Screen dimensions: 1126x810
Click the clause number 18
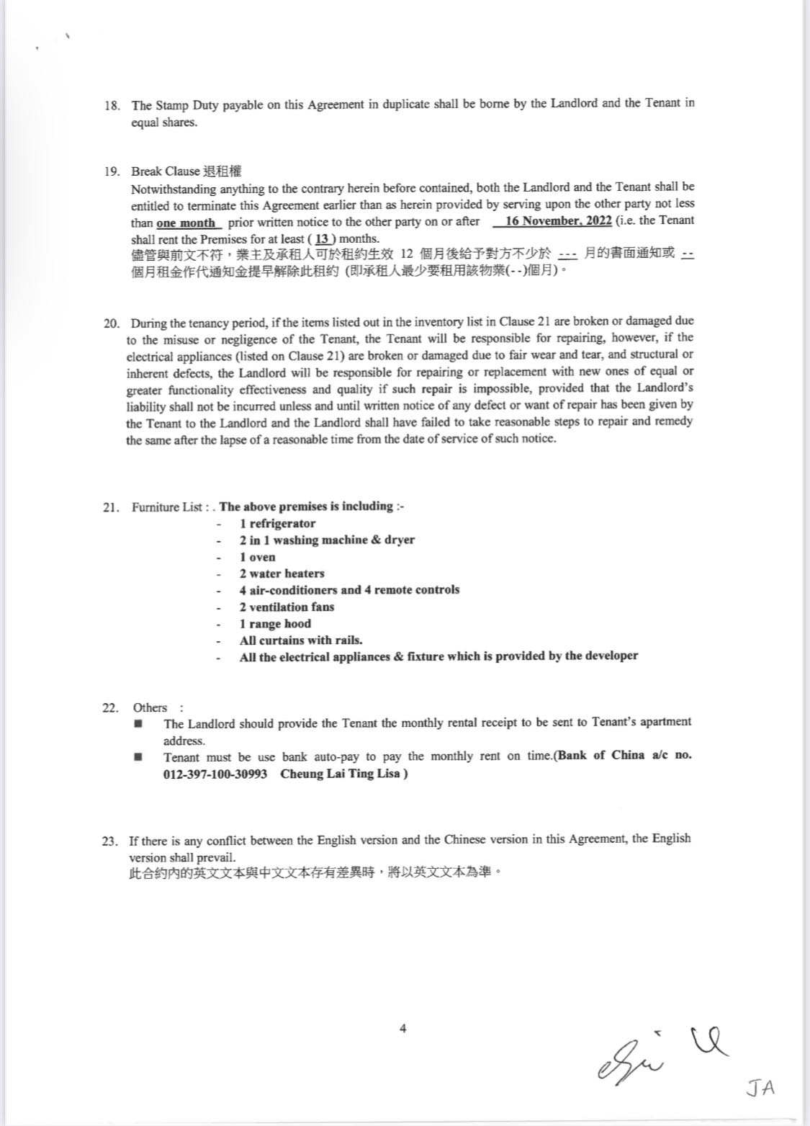(x=112, y=105)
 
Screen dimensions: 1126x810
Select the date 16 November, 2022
(x=558, y=221)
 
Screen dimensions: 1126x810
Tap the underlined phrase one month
(x=186, y=223)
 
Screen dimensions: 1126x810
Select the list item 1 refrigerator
(x=277, y=524)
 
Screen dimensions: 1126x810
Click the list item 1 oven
(x=257, y=557)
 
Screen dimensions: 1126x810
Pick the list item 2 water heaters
(x=282, y=573)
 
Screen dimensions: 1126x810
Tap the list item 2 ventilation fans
(x=287, y=607)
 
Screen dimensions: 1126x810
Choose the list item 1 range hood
(x=275, y=624)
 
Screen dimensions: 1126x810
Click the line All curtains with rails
(x=300, y=640)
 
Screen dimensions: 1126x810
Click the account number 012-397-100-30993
(x=215, y=774)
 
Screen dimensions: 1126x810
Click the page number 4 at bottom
(x=403, y=1029)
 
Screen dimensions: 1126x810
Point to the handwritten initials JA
(x=760, y=1088)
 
